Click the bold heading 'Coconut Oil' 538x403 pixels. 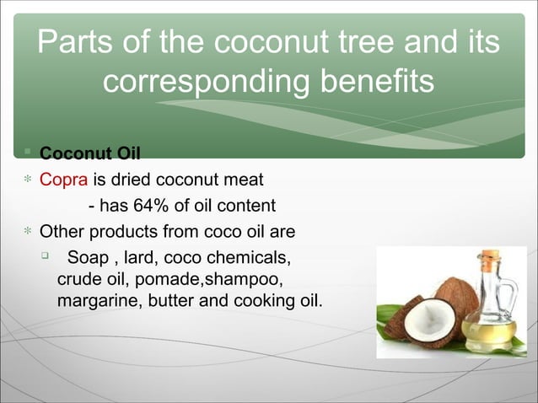(90, 153)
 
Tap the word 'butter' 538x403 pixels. (171, 299)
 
